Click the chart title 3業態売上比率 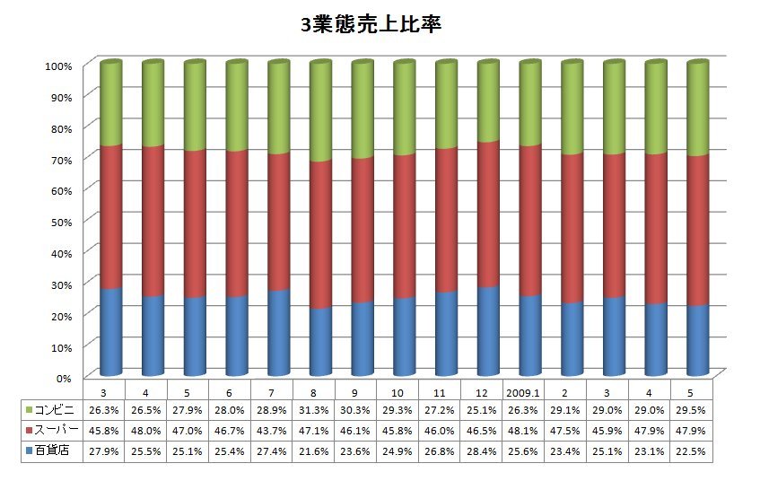371,25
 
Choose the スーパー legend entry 53,431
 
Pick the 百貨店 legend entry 53,451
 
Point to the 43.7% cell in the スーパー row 271,431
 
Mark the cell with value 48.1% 522,431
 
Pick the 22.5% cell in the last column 691,451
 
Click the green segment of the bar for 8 320,112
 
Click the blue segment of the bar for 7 279,332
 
